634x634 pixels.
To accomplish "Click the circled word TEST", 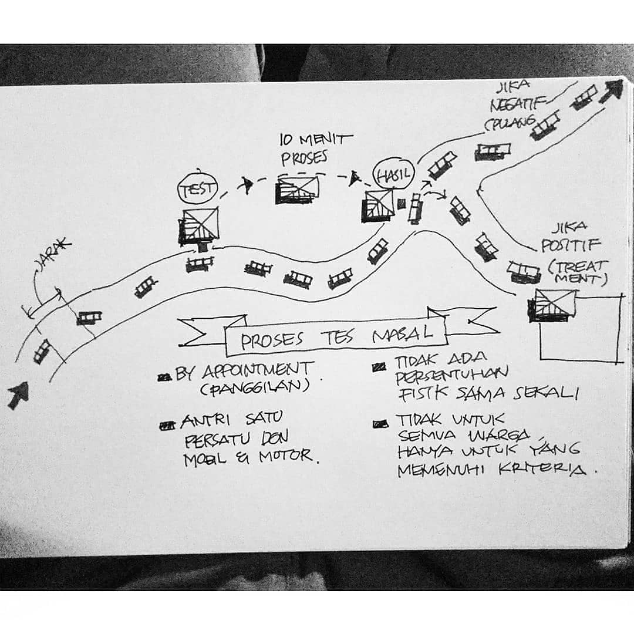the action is [198, 188].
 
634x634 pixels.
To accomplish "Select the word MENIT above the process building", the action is [326, 140].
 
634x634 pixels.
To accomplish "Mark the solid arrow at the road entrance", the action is [18, 395].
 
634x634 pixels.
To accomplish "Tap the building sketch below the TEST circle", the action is [198, 227].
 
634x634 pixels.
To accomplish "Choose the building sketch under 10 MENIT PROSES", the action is [297, 189].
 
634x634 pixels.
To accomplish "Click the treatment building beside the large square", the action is [551, 305].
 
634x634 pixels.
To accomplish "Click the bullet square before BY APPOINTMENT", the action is [164, 377].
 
